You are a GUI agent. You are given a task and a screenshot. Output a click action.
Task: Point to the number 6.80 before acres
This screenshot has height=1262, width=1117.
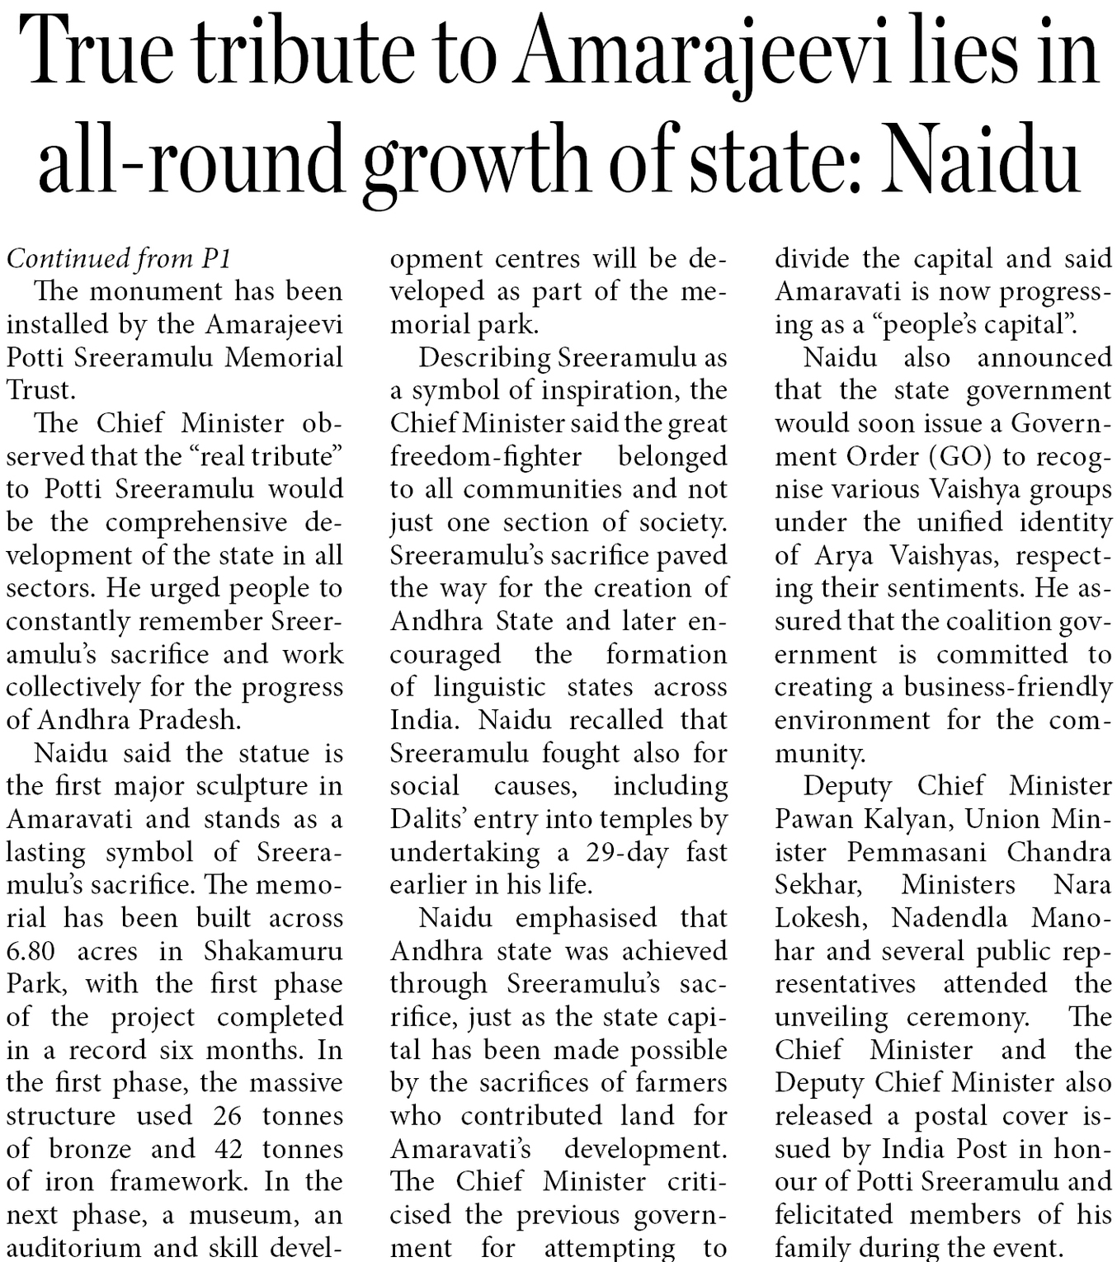31,951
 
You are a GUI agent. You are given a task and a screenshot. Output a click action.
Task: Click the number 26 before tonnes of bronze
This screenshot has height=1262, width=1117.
227,1116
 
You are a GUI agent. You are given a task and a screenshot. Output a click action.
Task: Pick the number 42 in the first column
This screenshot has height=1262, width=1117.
227,1149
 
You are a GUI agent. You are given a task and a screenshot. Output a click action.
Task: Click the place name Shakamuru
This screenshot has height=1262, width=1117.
273,951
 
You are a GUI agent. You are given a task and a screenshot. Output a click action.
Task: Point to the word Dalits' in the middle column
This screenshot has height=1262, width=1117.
429,819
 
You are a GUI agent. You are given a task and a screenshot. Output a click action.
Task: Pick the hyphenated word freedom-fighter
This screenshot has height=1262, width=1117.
486,456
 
